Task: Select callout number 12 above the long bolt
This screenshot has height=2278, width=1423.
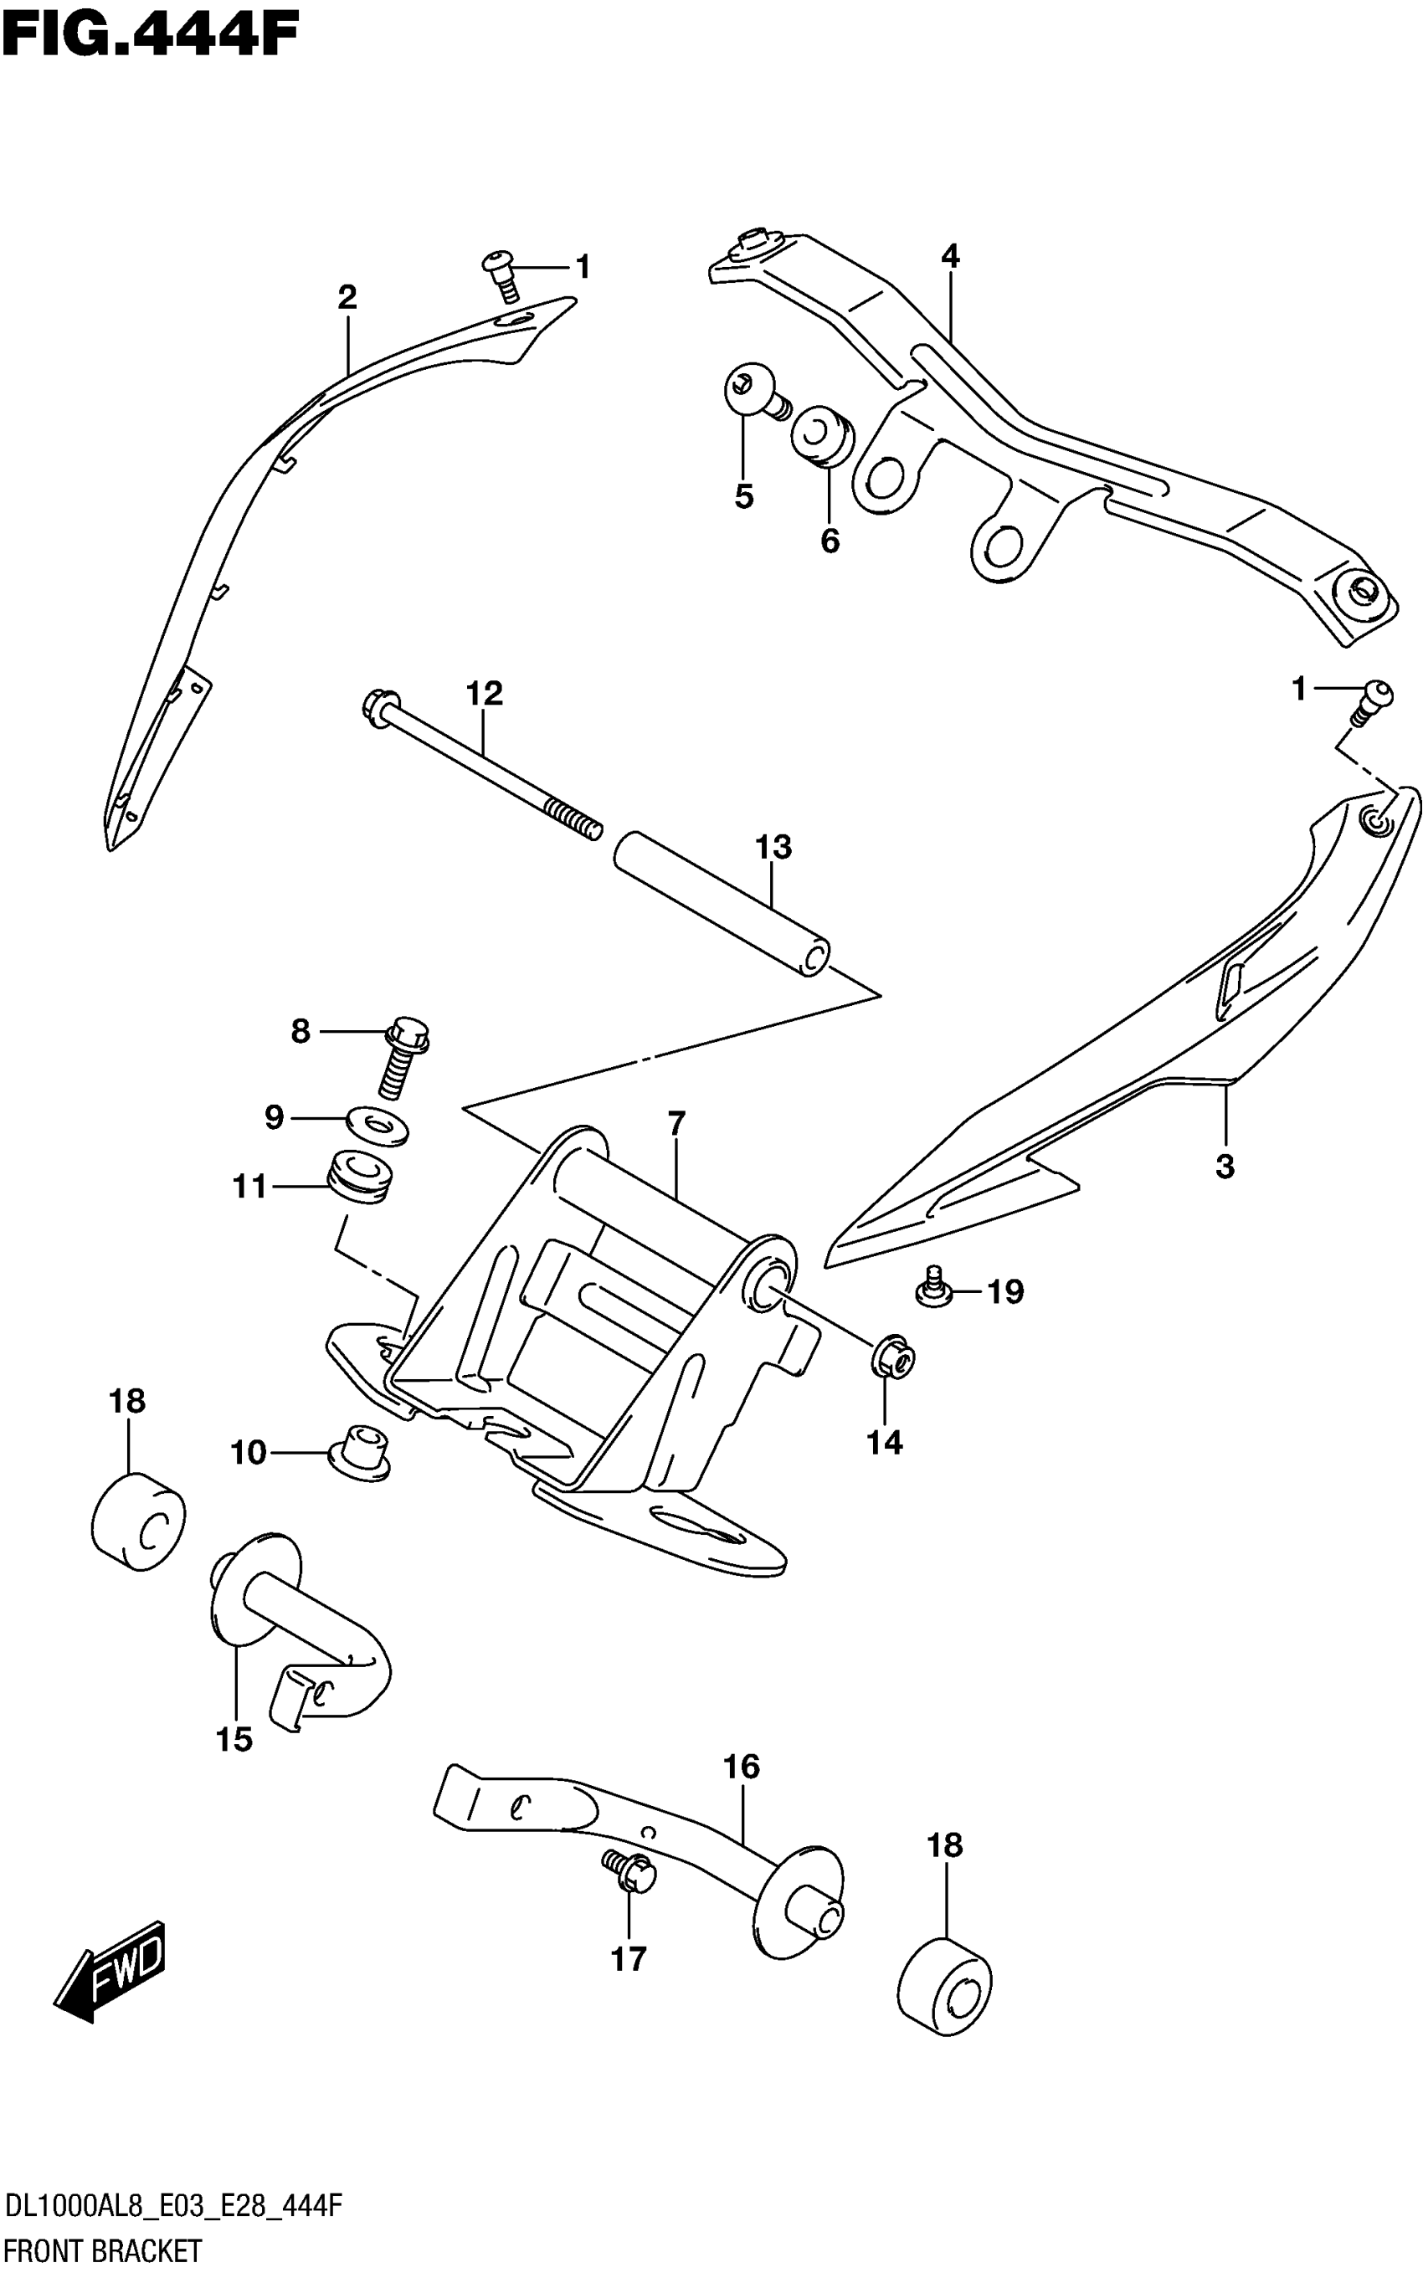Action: (x=485, y=694)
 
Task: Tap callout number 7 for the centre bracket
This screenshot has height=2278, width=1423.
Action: (x=676, y=1123)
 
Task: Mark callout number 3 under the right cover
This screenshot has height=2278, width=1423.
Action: (x=1225, y=1167)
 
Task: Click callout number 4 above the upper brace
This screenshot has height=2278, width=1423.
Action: (x=951, y=256)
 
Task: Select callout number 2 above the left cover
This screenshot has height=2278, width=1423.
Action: (x=347, y=297)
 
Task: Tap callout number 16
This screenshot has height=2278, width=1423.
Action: (x=742, y=1766)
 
